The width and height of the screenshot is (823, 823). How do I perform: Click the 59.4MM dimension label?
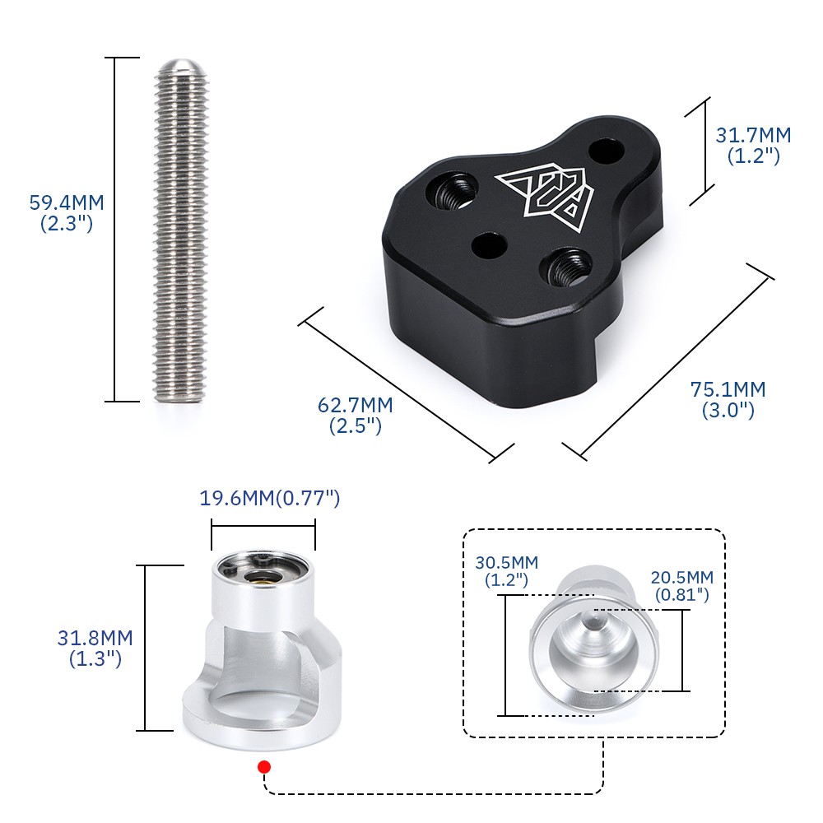[x=67, y=202]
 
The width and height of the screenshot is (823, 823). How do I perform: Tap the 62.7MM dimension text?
[x=356, y=405]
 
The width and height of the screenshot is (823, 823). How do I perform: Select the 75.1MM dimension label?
[x=728, y=389]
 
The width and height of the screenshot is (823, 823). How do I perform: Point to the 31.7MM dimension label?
[x=753, y=136]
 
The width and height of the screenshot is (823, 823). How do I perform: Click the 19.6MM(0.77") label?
[x=270, y=498]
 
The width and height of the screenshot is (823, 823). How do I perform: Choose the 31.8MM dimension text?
[x=95, y=639]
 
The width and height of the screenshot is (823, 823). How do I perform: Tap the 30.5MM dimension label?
[x=506, y=563]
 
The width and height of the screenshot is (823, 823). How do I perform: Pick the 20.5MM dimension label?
[x=682, y=578]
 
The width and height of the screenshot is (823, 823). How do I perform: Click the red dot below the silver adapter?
[x=264, y=767]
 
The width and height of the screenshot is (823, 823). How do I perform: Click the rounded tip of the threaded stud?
[x=181, y=66]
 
